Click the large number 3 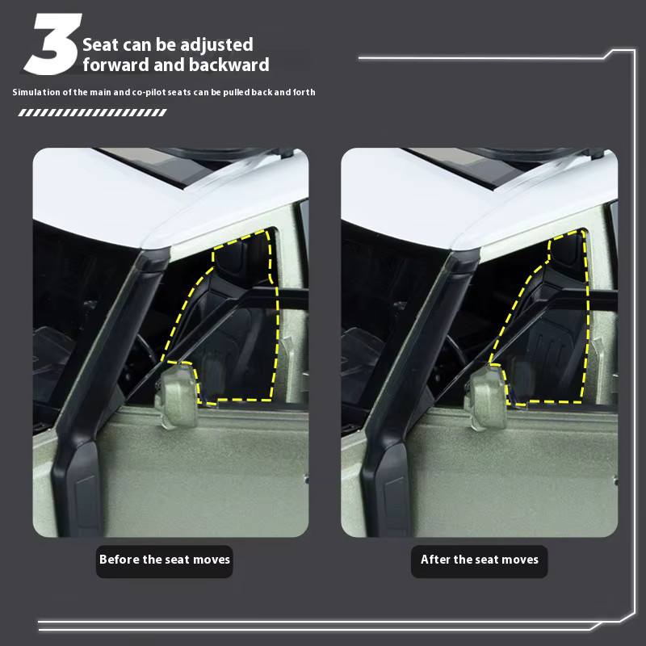[52, 44]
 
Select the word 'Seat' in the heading [100, 44]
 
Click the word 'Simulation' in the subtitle [36, 92]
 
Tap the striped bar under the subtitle [92, 112]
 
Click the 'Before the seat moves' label [165, 560]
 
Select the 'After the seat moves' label [480, 560]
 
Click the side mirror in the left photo [176, 396]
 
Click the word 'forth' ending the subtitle [304, 92]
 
